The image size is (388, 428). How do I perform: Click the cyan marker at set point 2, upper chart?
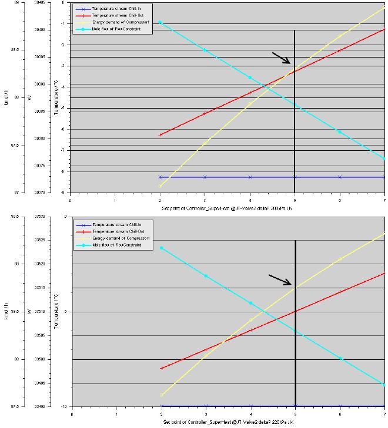tap(160, 22)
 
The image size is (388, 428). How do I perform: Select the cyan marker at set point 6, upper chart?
tap(340, 132)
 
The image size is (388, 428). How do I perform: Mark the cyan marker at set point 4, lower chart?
tap(250, 303)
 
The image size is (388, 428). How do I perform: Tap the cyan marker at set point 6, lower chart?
tap(340, 358)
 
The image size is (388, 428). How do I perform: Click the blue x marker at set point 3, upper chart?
tap(205, 177)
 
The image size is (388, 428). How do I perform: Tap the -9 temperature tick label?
tap(61, 193)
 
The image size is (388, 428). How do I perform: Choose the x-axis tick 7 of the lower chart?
tap(384, 413)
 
